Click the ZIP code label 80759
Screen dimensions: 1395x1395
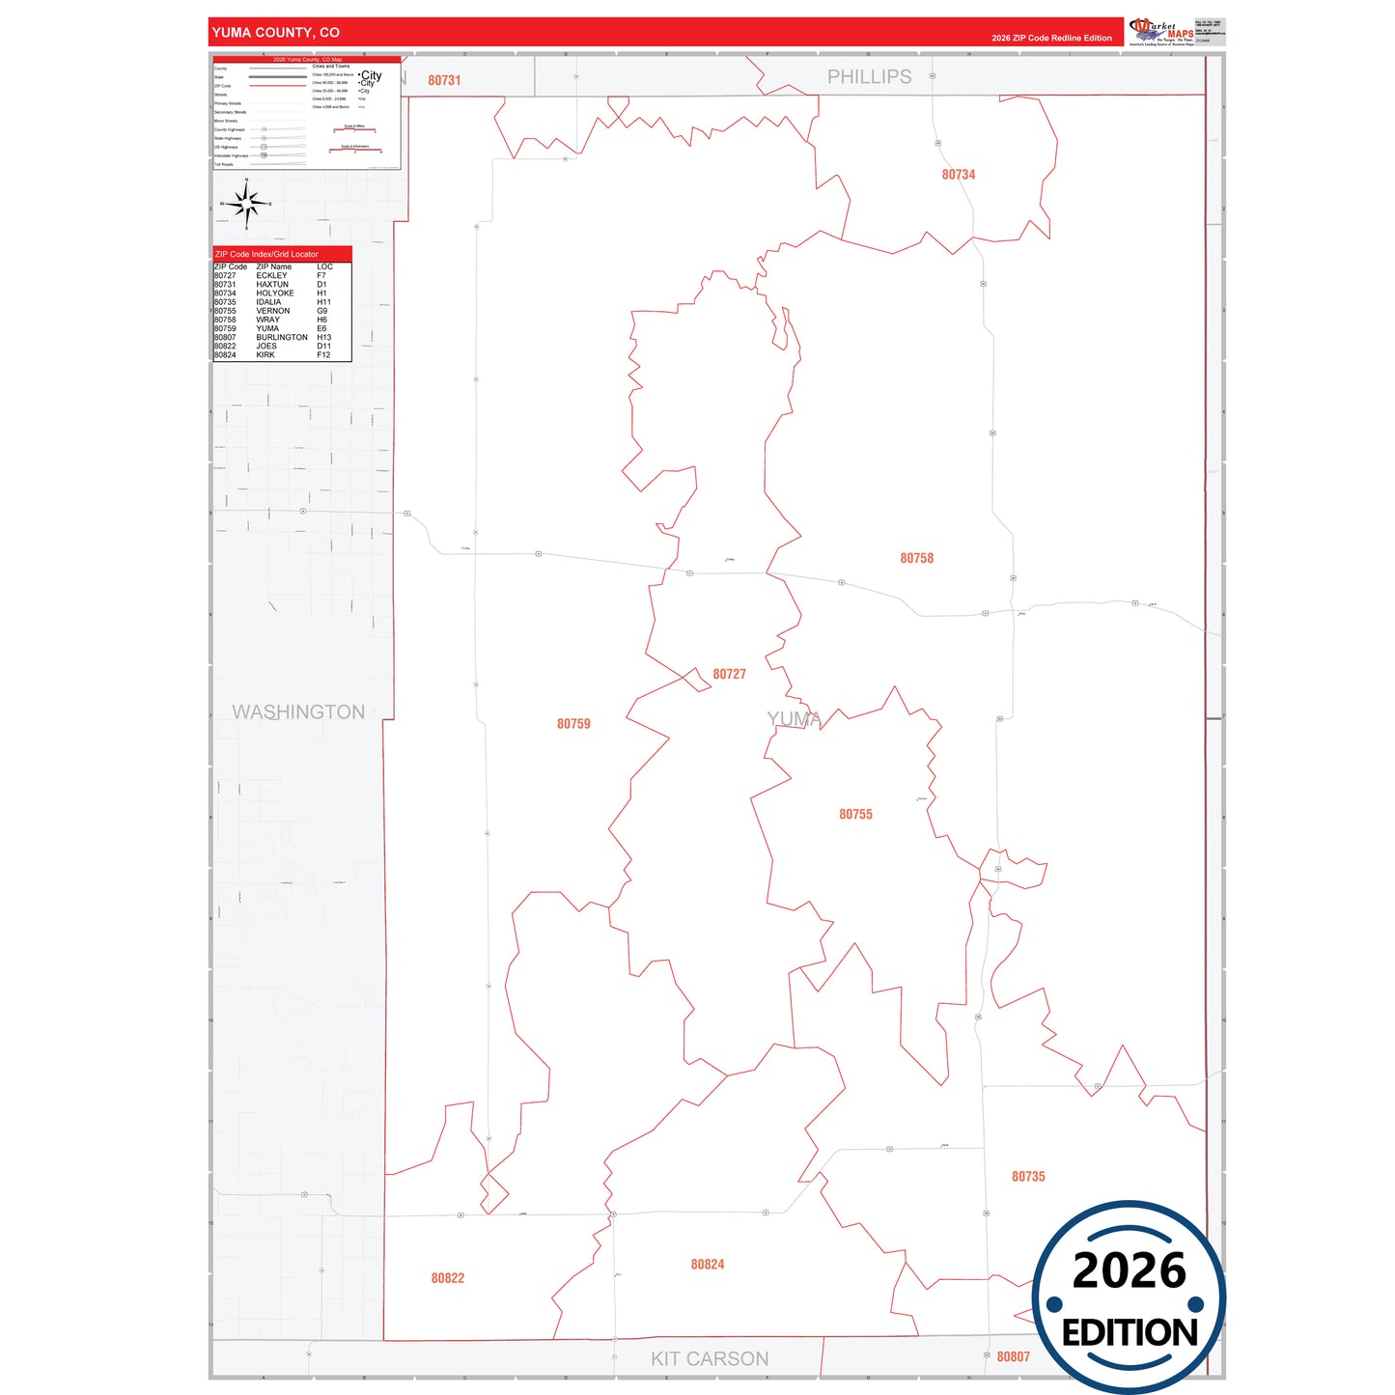573,724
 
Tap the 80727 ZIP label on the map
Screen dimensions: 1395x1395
729,675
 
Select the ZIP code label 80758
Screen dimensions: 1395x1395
916,559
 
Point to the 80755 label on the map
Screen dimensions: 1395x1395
855,815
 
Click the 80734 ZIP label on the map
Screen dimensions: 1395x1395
958,175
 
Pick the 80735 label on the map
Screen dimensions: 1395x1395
1028,1177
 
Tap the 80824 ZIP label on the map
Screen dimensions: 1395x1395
707,1265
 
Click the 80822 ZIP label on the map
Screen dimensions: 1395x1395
447,1278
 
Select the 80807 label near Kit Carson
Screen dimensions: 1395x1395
1013,1357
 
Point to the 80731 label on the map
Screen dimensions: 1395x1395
444,81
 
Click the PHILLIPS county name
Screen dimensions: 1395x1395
869,77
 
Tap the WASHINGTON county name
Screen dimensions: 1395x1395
298,712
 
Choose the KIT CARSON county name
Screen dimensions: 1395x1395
710,1359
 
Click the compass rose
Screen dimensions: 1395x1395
246,204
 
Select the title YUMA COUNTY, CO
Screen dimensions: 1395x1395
276,33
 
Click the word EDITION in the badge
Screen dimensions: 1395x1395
1130,1333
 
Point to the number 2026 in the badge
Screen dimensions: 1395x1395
1129,1270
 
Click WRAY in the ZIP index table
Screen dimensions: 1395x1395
267,320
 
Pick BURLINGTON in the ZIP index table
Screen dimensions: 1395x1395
282,338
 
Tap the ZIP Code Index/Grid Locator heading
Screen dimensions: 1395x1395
266,255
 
